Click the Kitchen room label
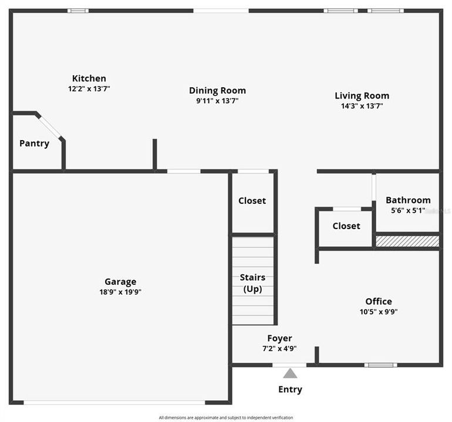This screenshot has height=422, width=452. [x=89, y=79]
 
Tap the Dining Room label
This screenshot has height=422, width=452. [x=217, y=90]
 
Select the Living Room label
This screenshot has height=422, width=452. [x=362, y=96]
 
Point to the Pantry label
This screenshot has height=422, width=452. [x=34, y=144]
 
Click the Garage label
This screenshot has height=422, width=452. [x=120, y=282]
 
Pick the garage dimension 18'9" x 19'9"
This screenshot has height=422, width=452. [x=120, y=292]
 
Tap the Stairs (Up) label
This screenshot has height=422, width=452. [x=252, y=283]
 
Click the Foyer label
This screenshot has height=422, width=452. [x=279, y=338]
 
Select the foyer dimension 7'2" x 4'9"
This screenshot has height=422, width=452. [x=279, y=348]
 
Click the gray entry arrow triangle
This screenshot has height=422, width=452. [x=290, y=373]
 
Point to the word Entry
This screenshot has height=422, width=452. [x=290, y=390]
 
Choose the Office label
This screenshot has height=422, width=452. [x=379, y=301]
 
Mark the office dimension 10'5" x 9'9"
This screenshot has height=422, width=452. [x=379, y=312]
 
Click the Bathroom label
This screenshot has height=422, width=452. [x=408, y=200]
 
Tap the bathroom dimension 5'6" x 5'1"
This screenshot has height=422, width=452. [x=408, y=210]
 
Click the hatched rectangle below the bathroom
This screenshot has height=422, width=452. [x=407, y=241]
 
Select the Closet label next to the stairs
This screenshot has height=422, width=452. [x=252, y=200]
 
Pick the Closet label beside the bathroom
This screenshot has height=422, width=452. [x=346, y=226]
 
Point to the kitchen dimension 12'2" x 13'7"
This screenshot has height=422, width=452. [x=89, y=89]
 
